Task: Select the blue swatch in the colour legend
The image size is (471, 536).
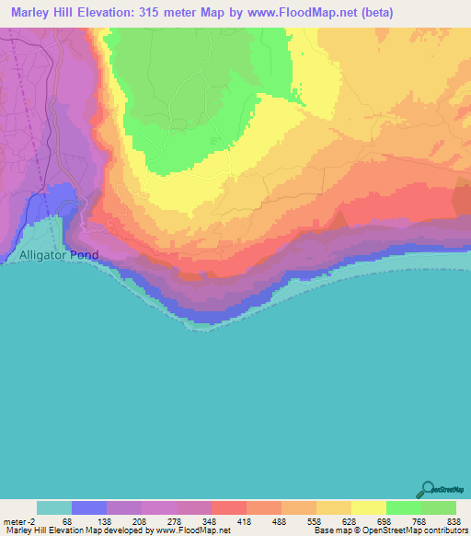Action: (x=88, y=507)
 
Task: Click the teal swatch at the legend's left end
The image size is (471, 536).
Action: (x=53, y=507)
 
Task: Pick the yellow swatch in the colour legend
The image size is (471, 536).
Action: (x=369, y=507)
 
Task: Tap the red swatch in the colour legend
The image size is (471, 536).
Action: (x=228, y=507)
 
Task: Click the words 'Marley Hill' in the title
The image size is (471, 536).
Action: (x=40, y=11)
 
